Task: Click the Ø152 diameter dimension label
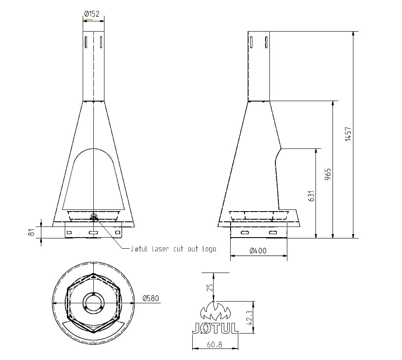[x=92, y=14]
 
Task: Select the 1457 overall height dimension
[x=348, y=134]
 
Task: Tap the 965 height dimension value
[x=327, y=175]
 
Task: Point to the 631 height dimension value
[x=311, y=196]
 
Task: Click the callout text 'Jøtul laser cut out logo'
[x=172, y=249]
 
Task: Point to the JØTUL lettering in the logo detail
[x=214, y=328]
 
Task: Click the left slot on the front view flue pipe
[x=86, y=42]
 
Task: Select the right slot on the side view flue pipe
[x=266, y=42]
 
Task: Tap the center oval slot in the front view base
[x=93, y=232]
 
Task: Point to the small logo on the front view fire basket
[x=93, y=218]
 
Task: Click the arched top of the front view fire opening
[x=93, y=149]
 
